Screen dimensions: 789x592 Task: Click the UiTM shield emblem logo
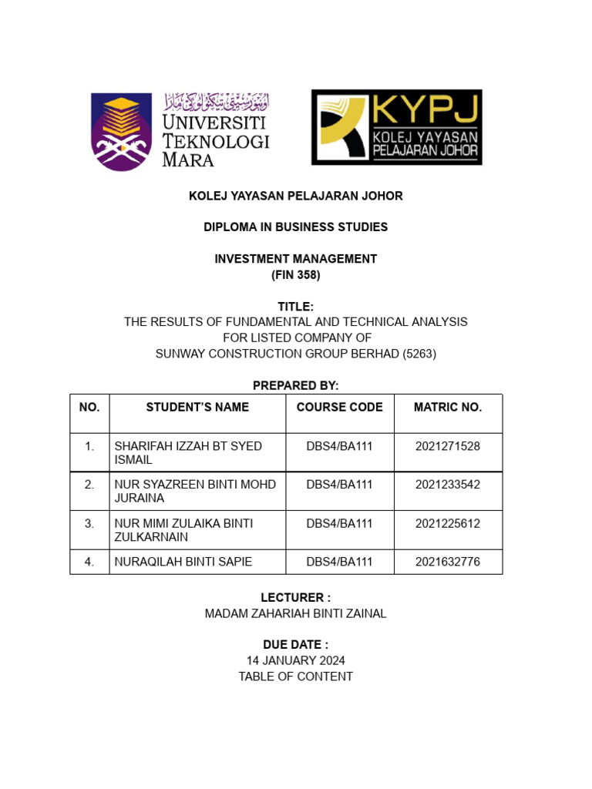coord(121,130)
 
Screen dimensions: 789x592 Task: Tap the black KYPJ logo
coord(396,127)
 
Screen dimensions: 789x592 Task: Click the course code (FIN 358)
coord(296,275)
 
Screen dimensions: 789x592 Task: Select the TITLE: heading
coord(296,307)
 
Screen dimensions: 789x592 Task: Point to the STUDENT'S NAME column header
coord(197,407)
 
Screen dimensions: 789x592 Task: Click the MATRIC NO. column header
coord(448,407)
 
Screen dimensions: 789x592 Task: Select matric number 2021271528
coord(448,446)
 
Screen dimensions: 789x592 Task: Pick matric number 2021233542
coord(448,485)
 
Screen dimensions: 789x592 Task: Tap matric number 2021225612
coord(448,523)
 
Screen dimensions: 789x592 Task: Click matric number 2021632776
coord(448,562)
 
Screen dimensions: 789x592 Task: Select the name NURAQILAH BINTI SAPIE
coord(183,562)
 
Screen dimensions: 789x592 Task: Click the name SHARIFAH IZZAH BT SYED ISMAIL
coord(188,453)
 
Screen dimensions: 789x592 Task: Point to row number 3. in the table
coord(89,523)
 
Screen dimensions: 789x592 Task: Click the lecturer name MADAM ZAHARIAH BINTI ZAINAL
coord(296,613)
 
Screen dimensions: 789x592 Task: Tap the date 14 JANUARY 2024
coord(296,660)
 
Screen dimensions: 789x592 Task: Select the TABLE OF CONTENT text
coord(296,677)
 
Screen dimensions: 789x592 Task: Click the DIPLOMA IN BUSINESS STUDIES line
coord(296,227)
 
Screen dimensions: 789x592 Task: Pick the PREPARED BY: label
coord(296,385)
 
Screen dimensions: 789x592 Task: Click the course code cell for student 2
coord(339,485)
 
